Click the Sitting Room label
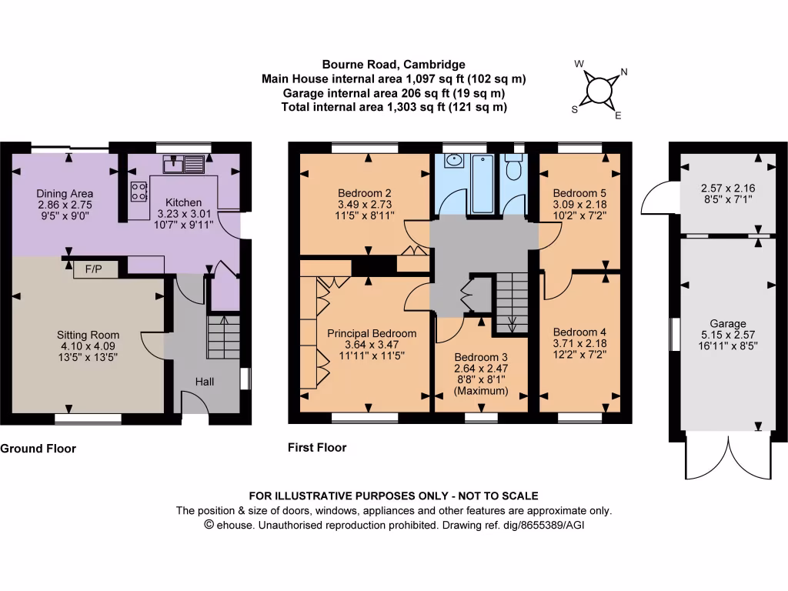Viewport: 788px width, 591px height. point(88,335)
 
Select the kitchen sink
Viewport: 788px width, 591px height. point(183,164)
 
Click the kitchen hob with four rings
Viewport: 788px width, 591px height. point(139,192)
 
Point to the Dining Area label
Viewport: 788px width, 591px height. point(65,193)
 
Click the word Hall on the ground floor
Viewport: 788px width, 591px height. point(205,382)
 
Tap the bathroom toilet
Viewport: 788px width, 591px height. point(513,167)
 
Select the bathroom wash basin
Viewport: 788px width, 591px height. point(454,161)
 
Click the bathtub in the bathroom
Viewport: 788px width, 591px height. point(482,183)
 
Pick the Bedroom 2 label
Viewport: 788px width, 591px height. point(365,193)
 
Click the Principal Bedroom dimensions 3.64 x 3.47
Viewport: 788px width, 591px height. point(372,345)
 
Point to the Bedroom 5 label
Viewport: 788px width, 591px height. point(580,193)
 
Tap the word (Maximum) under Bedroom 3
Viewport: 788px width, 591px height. point(481,390)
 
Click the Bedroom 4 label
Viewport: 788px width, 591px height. point(580,332)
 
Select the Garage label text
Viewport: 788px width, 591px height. point(728,324)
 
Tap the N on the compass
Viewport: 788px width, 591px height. point(624,72)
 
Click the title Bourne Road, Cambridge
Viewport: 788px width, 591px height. point(393,65)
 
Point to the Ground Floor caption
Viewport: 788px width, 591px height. point(38,449)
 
